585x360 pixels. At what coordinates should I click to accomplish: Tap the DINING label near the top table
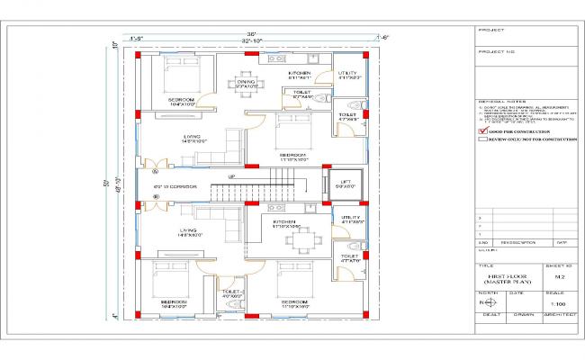point(246,80)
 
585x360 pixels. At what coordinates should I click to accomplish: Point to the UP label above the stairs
point(231,176)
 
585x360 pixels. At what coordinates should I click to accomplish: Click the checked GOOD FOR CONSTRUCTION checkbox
point(483,131)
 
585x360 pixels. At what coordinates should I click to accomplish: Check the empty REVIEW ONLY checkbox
point(483,140)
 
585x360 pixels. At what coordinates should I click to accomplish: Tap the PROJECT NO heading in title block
point(496,52)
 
